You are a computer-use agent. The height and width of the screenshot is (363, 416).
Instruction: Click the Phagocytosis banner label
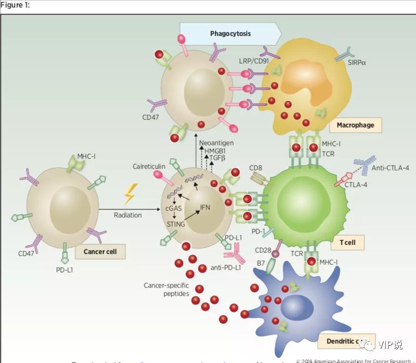point(230,34)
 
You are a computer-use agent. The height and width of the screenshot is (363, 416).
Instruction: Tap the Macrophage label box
point(355,125)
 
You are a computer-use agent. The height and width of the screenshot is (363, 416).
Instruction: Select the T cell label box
point(347,242)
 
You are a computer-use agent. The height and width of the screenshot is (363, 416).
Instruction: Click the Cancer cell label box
point(100,251)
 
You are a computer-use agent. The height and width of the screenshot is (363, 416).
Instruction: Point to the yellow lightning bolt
point(130,194)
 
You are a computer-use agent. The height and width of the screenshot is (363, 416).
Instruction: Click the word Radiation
point(128,215)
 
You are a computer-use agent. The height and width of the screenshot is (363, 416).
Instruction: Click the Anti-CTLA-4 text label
point(389,168)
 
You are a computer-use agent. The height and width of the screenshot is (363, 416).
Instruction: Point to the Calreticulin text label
point(149,166)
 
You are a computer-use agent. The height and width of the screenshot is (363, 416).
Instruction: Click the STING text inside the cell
point(176,223)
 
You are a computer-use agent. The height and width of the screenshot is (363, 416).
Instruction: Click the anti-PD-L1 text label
point(226,267)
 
